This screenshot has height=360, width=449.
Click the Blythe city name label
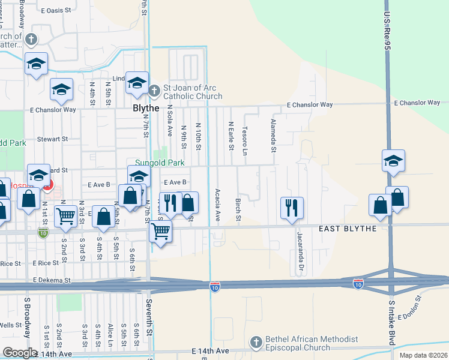point(146,109)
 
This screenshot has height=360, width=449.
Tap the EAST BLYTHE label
point(347,229)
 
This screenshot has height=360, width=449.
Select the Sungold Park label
point(160,162)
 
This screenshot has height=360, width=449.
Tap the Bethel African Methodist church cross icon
point(256,343)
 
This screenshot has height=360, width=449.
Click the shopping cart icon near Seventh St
point(160,230)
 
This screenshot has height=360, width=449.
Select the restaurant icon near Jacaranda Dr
point(292,208)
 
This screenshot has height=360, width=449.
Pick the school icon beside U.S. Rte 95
point(393,161)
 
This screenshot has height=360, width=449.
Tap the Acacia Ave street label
point(217,205)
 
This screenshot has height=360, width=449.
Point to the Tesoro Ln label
point(245,140)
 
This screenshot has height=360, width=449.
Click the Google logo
point(20,353)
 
